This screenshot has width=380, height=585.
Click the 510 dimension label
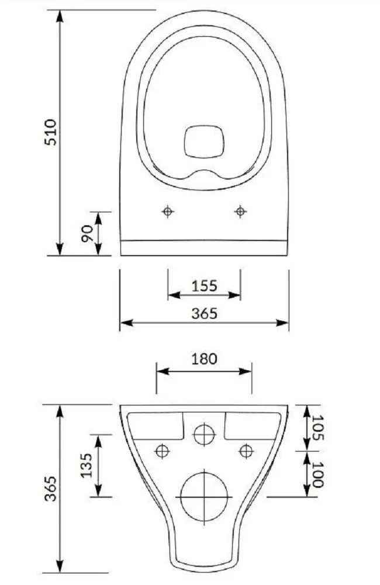[x=50, y=132]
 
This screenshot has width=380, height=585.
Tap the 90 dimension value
[x=88, y=233]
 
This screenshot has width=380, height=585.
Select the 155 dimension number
[x=204, y=286]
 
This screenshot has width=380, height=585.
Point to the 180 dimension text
[x=204, y=359]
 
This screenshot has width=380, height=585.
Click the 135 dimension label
[x=87, y=466]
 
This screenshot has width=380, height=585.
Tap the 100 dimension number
[x=317, y=474]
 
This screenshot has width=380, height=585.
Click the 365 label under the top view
[x=204, y=314]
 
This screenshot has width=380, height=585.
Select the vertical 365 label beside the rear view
[x=50, y=488]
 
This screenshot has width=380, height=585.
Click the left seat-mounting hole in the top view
[x=168, y=212]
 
